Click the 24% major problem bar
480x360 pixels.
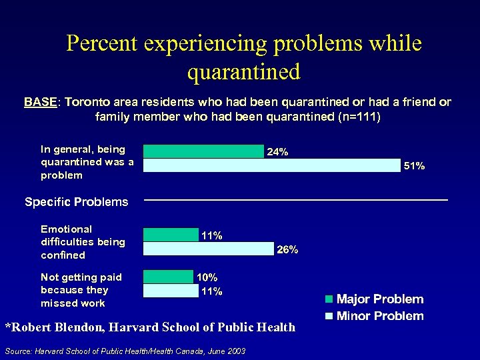(x=203, y=151)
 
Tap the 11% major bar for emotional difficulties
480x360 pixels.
(x=171, y=235)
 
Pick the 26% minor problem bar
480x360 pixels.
(x=208, y=249)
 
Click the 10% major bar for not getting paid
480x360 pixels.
(x=167, y=277)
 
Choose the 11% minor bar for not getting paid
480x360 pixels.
(x=171, y=291)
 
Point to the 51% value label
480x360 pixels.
(x=415, y=166)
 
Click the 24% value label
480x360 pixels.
(x=277, y=152)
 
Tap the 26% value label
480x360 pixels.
(x=287, y=250)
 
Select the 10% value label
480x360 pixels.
(x=207, y=277)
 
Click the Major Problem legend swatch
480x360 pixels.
(x=329, y=299)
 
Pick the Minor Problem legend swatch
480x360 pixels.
(x=329, y=316)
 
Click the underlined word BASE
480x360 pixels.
(x=41, y=102)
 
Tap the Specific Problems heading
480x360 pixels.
(x=76, y=202)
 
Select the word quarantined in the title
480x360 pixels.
(x=244, y=71)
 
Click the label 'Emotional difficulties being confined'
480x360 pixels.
(x=83, y=242)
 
